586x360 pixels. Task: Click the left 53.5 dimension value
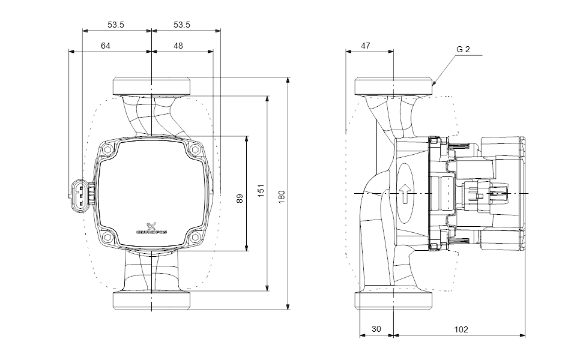(116, 25)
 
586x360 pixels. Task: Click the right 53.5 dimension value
(182, 25)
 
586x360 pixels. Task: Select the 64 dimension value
(106, 46)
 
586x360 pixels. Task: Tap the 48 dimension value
(178, 46)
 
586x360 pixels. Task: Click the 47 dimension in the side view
(366, 46)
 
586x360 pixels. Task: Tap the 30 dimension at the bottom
(376, 329)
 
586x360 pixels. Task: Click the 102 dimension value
(460, 329)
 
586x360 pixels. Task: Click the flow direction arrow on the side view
(406, 193)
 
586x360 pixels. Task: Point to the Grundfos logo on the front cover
(152, 229)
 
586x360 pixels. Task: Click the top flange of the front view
(151, 86)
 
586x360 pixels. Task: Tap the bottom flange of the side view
(393, 301)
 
